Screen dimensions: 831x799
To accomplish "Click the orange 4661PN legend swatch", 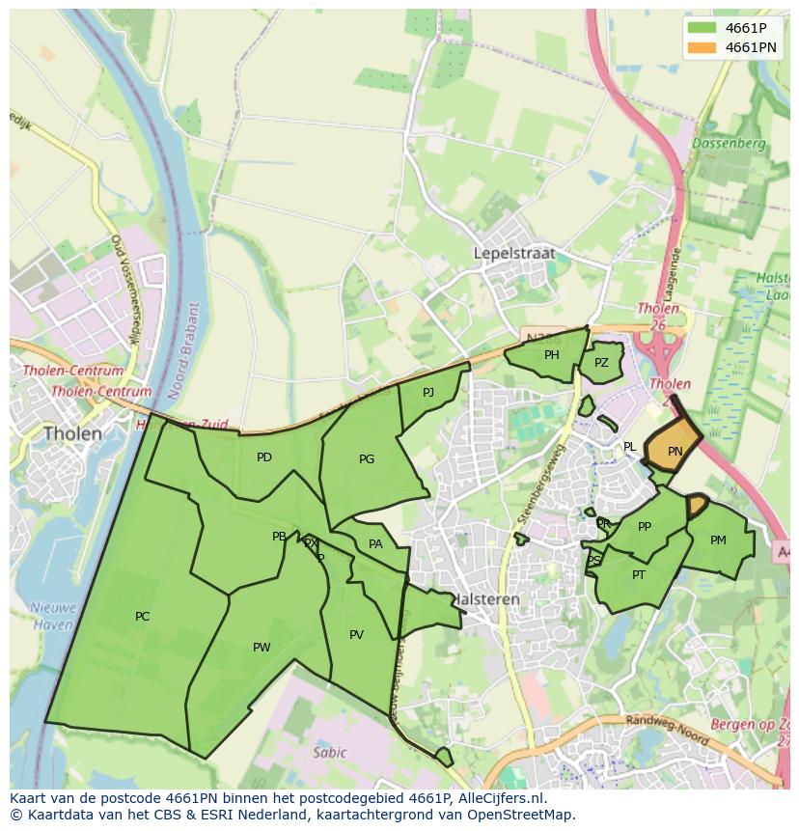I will coord(702,47).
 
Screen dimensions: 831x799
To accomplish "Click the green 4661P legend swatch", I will coord(702,28).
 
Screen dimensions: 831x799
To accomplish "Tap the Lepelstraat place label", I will coord(514,253).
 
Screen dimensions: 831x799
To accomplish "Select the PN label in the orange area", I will coord(675,451).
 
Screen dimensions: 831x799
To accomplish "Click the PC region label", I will coord(143,617).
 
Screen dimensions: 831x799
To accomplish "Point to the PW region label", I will coord(262,648).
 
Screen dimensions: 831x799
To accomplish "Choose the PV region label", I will coord(356,635).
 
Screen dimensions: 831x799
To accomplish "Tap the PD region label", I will coord(264,457).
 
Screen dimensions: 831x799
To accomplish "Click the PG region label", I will coord(367,459).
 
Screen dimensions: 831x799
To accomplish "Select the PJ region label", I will coord(428,392).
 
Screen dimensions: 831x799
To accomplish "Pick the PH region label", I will coord(551,355).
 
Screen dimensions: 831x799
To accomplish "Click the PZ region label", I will coord(601,363).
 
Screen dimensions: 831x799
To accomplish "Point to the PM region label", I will coord(718,540).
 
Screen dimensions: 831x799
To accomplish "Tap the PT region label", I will coord(639,575).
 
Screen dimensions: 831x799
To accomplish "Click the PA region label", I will coord(375,544).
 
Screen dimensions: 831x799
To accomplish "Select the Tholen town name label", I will coord(72,434).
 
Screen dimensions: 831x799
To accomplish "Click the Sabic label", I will coord(329,753).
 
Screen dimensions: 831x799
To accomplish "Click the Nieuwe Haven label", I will coord(52,616).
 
